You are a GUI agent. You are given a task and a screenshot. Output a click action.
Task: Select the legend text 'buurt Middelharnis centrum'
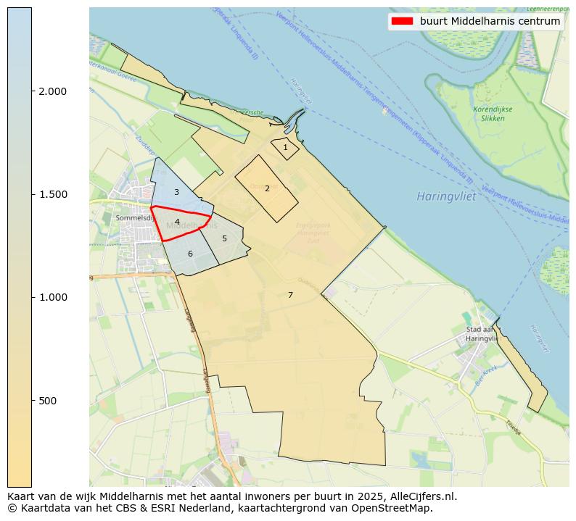point(490,21)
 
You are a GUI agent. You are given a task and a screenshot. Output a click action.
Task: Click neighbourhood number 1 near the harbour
point(285,147)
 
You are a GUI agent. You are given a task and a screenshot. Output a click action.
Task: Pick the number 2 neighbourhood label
point(267,188)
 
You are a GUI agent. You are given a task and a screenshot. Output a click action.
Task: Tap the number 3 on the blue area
point(176,192)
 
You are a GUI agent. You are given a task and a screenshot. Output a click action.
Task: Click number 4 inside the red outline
point(177,222)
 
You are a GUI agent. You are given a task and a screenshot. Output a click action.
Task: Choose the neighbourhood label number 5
point(224,238)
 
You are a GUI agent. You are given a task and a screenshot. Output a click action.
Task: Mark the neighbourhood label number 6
point(190,254)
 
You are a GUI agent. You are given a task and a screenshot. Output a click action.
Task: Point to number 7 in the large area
point(290,295)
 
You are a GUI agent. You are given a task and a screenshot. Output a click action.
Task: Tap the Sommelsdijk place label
point(132,217)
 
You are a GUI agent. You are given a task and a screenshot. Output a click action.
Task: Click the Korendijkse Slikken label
point(493,114)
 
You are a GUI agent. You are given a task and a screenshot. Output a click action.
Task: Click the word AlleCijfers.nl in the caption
point(421,496)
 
